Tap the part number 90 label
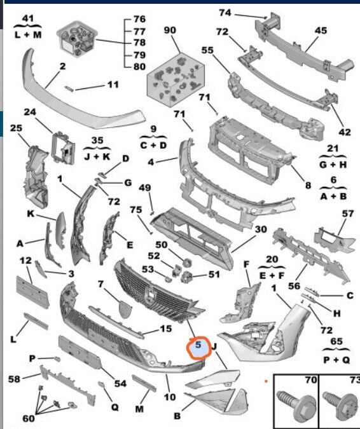170,30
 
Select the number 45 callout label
321,30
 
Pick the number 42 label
345,132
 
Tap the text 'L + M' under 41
28,35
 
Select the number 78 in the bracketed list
139,43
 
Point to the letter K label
31,214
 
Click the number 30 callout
261,229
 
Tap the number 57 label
348,214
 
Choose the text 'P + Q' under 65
336,360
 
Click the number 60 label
29,418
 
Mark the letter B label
177,416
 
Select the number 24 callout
30,112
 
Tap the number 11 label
113,85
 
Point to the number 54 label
120,384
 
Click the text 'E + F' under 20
272,275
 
